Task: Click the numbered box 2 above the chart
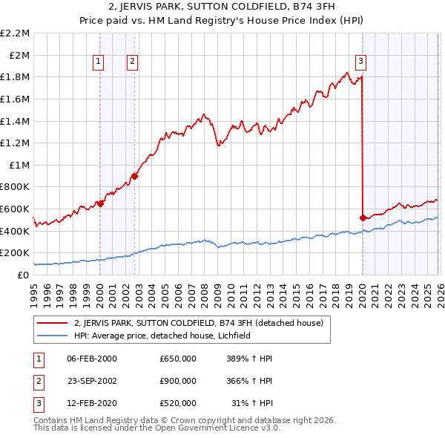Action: pos(132,62)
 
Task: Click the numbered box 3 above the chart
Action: pos(360,62)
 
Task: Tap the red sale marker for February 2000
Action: pos(100,203)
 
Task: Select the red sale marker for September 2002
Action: pos(134,176)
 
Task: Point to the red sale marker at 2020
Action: pos(363,218)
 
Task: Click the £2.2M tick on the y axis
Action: pos(15,33)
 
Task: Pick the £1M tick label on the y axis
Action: pos(19,165)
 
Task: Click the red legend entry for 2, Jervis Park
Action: pos(198,324)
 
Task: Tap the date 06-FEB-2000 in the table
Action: pos(92,359)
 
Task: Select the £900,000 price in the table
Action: pos(178,381)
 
